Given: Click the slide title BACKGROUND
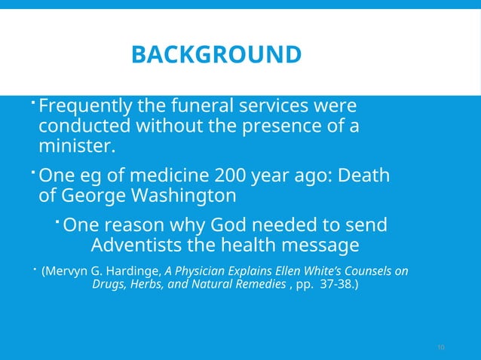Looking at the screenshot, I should (216, 55).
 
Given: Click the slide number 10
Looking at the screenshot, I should (441, 347).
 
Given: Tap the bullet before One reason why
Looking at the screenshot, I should (58, 220).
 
